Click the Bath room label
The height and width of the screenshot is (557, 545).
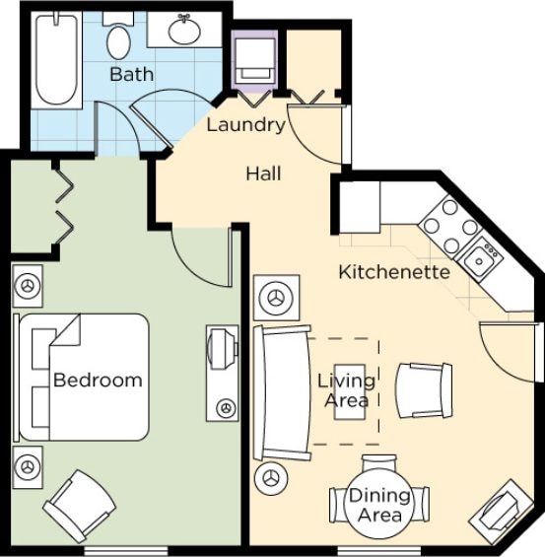pyautogui.click(x=132, y=74)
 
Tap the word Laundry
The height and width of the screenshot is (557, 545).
pyautogui.click(x=246, y=126)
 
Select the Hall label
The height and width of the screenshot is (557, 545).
pyautogui.click(x=263, y=174)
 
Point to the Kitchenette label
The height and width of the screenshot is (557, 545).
pyautogui.click(x=394, y=272)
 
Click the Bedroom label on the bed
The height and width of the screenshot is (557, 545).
pyautogui.click(x=98, y=381)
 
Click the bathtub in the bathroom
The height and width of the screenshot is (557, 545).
pyautogui.click(x=57, y=58)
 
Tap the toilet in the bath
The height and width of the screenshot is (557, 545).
pyautogui.click(x=118, y=36)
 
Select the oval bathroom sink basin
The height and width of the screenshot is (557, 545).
pyautogui.click(x=184, y=31)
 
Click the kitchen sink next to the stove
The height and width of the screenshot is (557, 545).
pyautogui.click(x=479, y=259)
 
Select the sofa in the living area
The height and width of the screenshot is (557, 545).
pyautogui.click(x=282, y=392)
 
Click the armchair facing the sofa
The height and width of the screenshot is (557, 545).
pyautogui.click(x=424, y=390)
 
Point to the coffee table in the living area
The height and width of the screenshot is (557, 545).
pyautogui.click(x=350, y=391)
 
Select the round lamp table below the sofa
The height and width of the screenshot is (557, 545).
pyautogui.click(x=271, y=478)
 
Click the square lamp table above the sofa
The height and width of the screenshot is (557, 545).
pyautogui.click(x=277, y=298)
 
